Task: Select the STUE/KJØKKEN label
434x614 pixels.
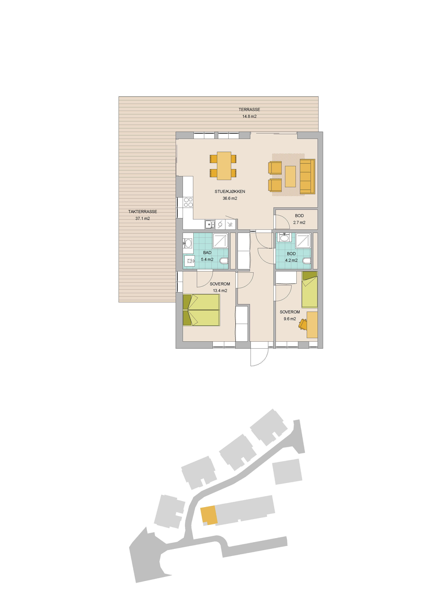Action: (230, 192)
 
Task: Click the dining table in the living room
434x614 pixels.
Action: (224, 166)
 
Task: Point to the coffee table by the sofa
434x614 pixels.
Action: (290, 176)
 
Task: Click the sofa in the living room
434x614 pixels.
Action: (307, 176)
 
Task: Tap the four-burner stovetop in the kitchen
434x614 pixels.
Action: (188, 202)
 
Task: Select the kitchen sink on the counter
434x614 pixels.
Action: (210, 224)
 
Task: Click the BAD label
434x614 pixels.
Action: (207, 252)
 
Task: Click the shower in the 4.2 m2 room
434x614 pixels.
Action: (303, 241)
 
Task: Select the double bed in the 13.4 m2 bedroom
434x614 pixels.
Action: (201, 310)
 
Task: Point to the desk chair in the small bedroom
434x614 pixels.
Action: (303, 324)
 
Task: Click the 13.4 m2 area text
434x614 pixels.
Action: (220, 291)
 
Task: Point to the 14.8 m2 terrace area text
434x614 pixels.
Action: (249, 116)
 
